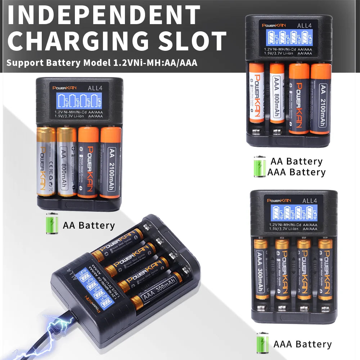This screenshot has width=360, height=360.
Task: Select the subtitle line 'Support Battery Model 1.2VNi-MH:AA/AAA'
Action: click(102, 63)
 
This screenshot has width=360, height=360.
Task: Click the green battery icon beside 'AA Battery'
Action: click(51, 224)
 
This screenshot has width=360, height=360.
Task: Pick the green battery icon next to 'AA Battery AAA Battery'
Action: click(259, 166)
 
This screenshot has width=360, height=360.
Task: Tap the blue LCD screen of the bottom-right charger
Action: click(294, 212)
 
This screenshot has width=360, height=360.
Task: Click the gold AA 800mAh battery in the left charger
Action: click(67, 162)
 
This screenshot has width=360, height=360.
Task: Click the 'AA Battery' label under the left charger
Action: click(89, 226)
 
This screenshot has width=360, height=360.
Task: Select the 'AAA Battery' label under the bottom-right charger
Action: click(302, 344)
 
